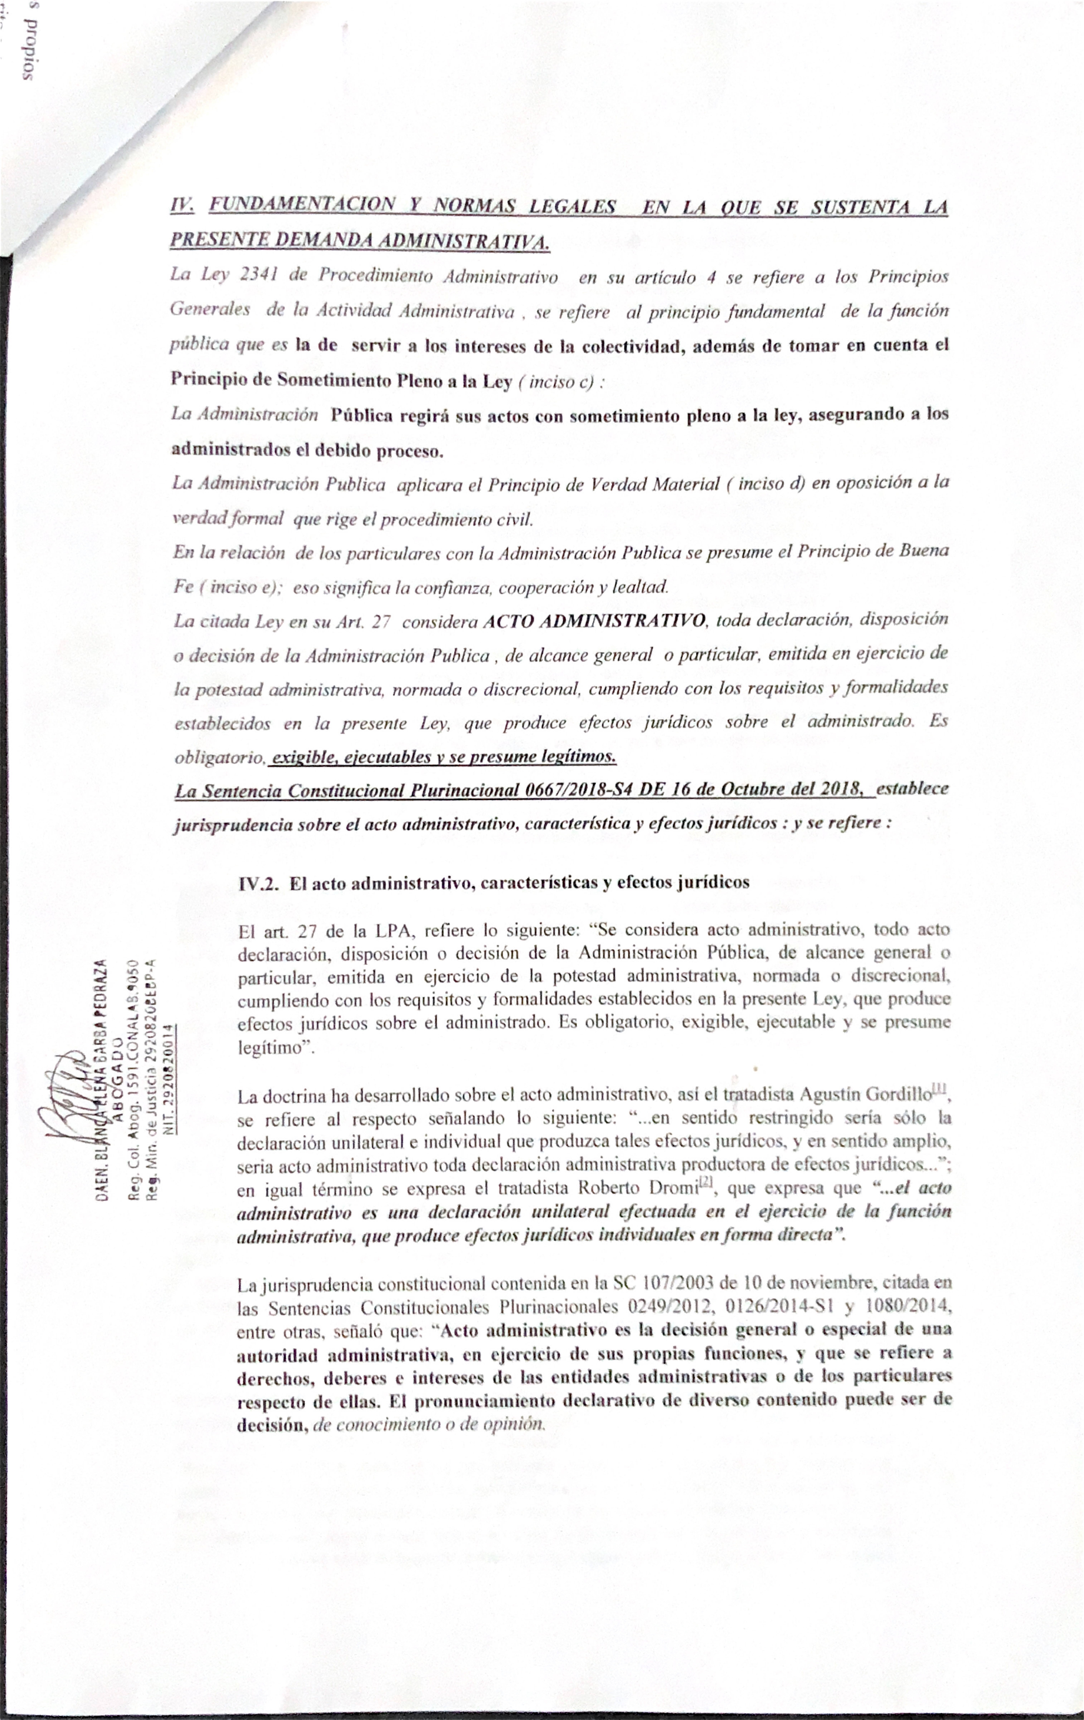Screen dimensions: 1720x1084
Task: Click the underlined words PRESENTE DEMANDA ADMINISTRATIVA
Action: point(359,241)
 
